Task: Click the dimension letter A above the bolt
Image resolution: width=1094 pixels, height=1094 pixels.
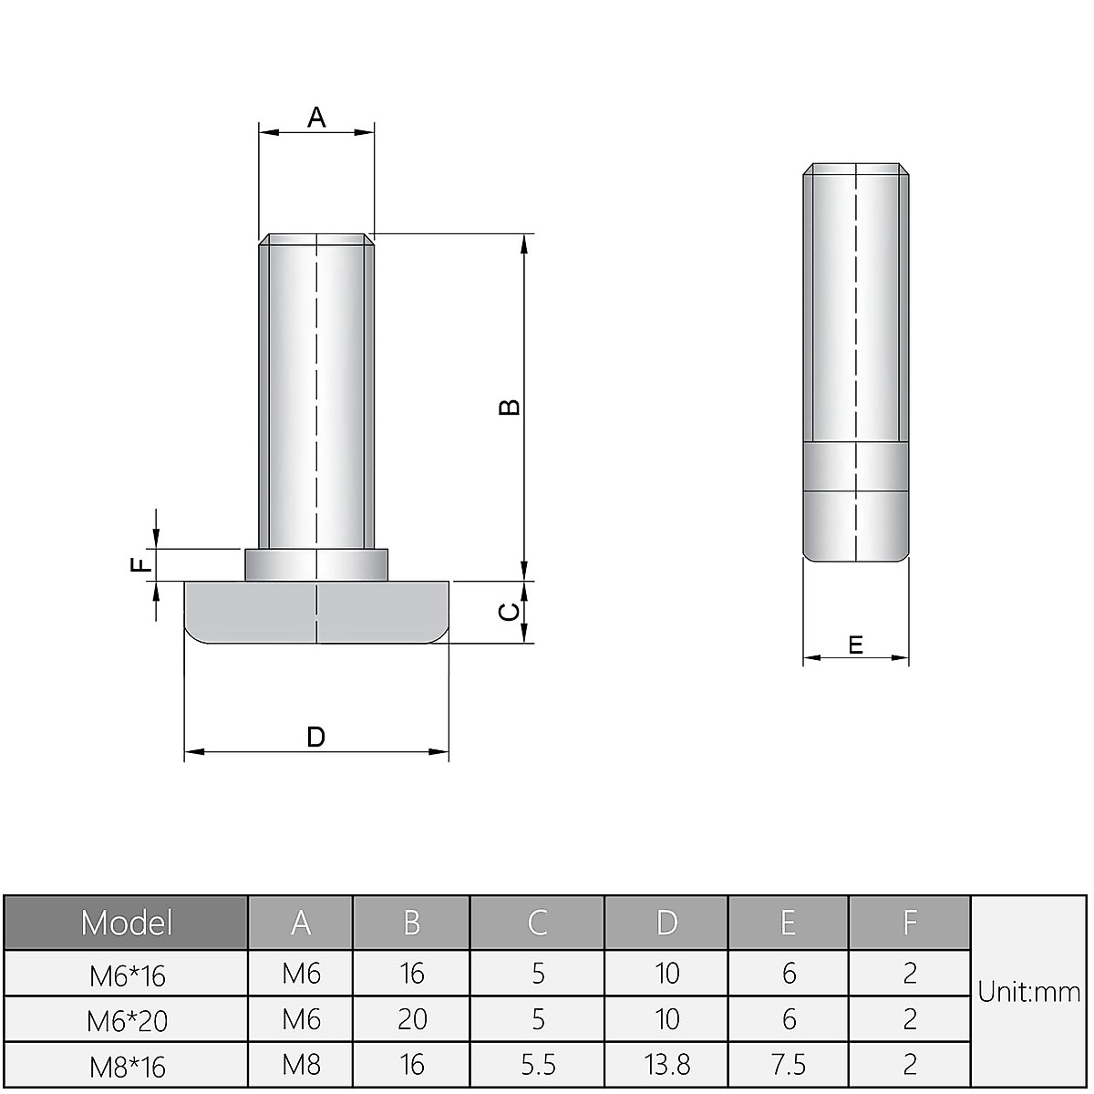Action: click(x=316, y=117)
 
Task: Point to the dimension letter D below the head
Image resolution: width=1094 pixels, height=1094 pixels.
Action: click(x=315, y=737)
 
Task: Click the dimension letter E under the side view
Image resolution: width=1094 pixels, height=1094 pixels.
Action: click(x=855, y=645)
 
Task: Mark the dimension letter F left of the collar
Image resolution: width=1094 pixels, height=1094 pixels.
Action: click(x=140, y=565)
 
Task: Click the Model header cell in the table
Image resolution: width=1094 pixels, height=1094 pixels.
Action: click(x=126, y=923)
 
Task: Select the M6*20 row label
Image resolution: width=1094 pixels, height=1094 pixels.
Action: click(x=128, y=1020)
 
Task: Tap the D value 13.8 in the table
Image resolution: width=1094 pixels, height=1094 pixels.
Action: click(x=666, y=1064)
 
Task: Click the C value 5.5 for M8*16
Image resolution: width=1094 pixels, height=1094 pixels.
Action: click(x=537, y=1064)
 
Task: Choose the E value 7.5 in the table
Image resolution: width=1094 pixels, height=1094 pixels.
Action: click(x=789, y=1064)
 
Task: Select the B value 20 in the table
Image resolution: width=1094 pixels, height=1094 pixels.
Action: click(x=412, y=1018)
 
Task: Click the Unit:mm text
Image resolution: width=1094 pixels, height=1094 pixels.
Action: click(x=1029, y=992)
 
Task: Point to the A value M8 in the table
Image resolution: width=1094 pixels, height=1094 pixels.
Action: click(x=301, y=1064)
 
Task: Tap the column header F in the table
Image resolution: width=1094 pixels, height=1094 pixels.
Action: click(x=909, y=923)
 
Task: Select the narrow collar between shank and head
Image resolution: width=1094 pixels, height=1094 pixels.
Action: click(x=316, y=564)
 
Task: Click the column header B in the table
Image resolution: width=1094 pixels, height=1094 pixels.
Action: click(x=412, y=923)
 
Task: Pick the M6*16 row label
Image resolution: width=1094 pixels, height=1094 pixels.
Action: click(x=128, y=975)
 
